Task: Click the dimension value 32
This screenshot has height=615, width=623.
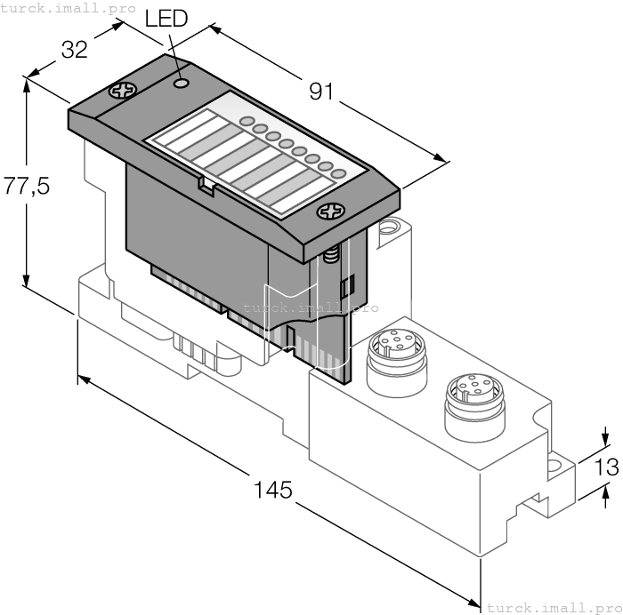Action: pos(74,50)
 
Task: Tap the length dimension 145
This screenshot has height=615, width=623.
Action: pos(272,490)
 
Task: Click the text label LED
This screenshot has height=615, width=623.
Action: pos(166,19)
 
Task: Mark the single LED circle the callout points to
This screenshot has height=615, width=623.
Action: pos(182,83)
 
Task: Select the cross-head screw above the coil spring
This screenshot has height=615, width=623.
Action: pos(331,212)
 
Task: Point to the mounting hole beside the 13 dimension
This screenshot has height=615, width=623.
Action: pos(557,464)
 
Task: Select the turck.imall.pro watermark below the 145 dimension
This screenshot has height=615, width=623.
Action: pos(549,608)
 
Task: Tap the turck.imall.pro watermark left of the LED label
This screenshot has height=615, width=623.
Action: pos(68,8)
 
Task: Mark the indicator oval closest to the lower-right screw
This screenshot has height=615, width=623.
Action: pos(337,174)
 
